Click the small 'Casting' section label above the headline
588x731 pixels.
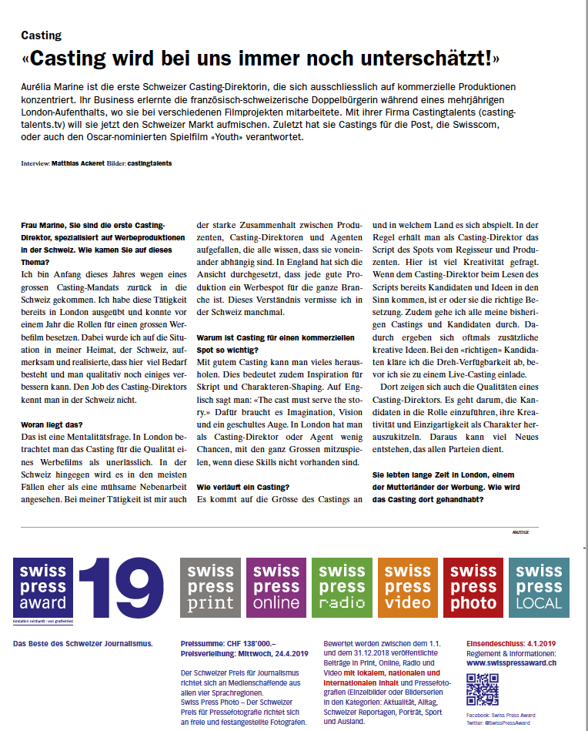(41, 35)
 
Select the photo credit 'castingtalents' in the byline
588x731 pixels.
(150, 163)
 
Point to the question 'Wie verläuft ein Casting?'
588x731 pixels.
(243, 487)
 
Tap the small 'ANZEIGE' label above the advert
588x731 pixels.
(522, 533)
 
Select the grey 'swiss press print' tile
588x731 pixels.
(211, 588)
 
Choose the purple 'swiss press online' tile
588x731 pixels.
(276, 588)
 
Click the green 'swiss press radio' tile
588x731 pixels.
(342, 588)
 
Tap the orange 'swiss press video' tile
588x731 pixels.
(407, 588)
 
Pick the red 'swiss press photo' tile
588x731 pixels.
(473, 588)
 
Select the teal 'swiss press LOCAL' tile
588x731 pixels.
(539, 588)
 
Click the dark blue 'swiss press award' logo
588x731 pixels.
(43, 588)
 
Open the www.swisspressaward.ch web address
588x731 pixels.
(512, 662)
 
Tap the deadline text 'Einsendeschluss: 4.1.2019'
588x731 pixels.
(509, 642)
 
